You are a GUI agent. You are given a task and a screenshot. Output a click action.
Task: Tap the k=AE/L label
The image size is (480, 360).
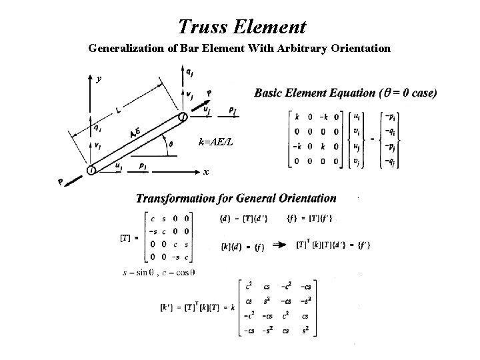click(216, 141)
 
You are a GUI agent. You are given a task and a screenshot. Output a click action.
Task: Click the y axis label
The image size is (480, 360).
click(99, 79)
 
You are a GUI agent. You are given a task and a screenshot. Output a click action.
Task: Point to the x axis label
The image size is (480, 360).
click(206, 172)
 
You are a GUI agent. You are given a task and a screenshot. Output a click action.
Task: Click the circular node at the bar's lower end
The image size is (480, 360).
click(91, 171)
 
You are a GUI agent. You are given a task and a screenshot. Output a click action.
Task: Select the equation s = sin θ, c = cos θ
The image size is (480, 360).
click(158, 272)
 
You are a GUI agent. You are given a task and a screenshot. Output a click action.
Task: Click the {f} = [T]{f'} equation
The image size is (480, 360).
click(311, 217)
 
